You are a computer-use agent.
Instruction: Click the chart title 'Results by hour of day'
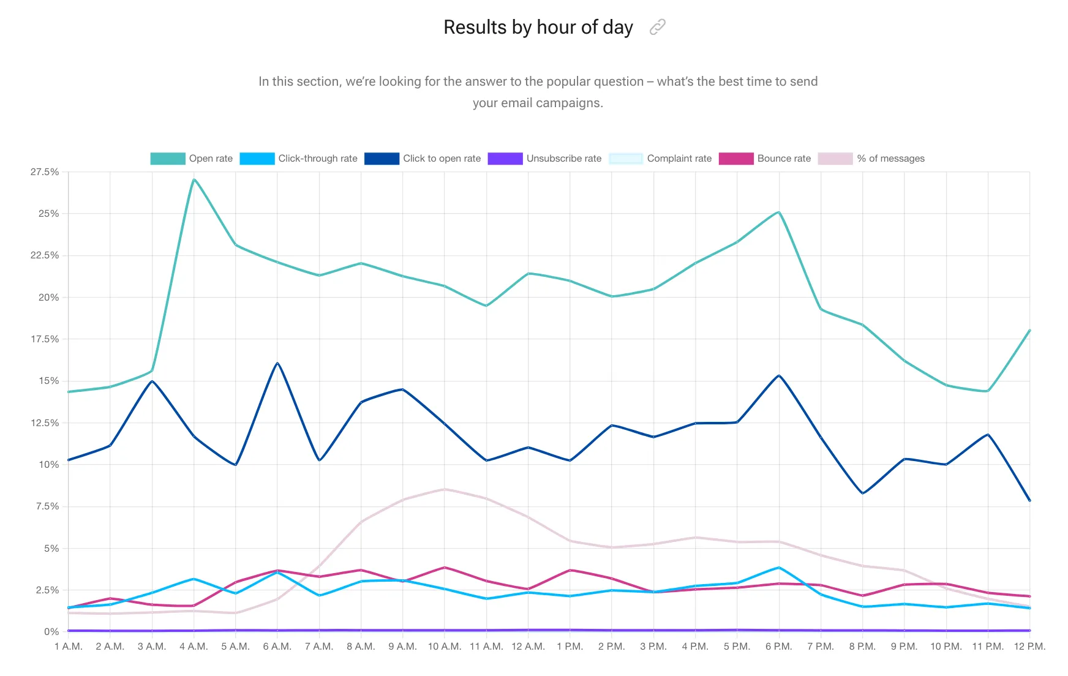[x=538, y=28]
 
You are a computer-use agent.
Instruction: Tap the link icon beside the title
[x=657, y=27]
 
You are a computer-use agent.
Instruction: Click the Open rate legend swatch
[x=168, y=159]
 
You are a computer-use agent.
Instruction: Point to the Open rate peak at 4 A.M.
[x=194, y=179]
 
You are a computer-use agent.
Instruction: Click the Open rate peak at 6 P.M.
[x=779, y=212]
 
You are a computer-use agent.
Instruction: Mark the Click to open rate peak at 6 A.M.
[x=277, y=363]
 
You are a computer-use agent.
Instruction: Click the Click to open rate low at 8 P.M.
[x=863, y=493]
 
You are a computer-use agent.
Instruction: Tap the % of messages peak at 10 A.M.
[x=445, y=489]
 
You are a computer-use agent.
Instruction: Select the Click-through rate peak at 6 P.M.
[x=779, y=568]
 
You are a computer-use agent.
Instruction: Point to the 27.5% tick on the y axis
[x=45, y=172]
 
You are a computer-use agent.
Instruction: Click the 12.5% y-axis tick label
[x=45, y=423]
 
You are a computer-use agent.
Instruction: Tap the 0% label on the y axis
[x=51, y=631]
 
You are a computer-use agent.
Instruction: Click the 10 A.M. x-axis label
[x=445, y=647]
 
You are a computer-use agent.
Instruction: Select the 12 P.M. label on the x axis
[x=1029, y=647]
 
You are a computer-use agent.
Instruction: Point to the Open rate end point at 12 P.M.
[x=1029, y=331]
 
